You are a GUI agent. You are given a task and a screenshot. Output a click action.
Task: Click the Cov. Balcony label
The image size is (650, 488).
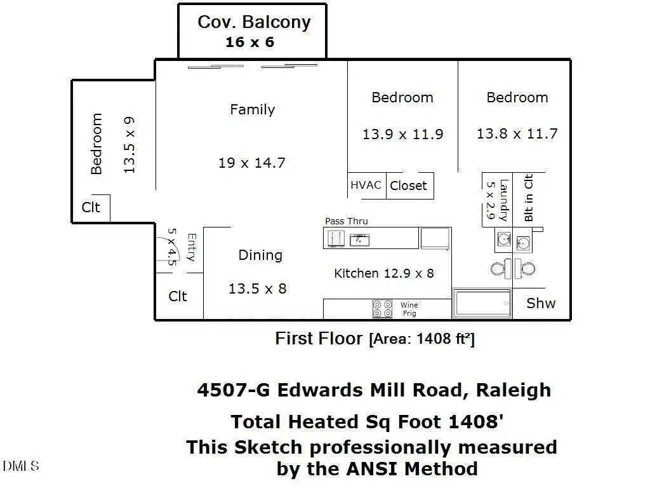click(x=254, y=22)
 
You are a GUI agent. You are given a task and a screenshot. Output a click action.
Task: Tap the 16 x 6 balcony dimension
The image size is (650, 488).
click(x=249, y=43)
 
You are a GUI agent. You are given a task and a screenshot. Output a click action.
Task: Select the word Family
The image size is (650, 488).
click(x=252, y=109)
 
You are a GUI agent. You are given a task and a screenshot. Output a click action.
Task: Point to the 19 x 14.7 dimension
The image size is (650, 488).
click(x=251, y=163)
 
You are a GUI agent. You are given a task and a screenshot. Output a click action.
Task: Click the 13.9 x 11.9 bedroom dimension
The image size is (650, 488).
click(x=402, y=134)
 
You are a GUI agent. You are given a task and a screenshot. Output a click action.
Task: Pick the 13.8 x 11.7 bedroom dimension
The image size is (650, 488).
click(x=517, y=133)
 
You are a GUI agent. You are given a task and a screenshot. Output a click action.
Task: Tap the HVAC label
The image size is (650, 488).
click(x=366, y=186)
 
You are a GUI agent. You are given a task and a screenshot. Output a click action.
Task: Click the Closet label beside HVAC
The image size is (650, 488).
click(x=408, y=186)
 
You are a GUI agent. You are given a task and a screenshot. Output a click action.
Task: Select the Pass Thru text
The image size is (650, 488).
click(x=346, y=221)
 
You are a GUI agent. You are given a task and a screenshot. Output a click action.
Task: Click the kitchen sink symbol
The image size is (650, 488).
click(x=361, y=239)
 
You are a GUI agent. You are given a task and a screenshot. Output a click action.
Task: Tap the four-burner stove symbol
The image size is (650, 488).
click(x=383, y=309)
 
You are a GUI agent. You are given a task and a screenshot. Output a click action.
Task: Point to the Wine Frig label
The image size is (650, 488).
click(x=409, y=309)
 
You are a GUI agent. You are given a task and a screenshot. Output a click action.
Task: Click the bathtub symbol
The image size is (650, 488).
click(x=482, y=304)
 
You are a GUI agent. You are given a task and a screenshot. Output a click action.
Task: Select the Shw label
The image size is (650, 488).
click(x=541, y=303)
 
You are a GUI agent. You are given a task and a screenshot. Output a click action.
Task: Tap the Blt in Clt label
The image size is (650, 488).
click(x=528, y=198)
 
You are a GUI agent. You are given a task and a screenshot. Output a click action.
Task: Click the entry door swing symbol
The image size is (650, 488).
click(x=169, y=248)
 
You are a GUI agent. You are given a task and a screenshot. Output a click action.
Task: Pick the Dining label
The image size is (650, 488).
click(x=260, y=255)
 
